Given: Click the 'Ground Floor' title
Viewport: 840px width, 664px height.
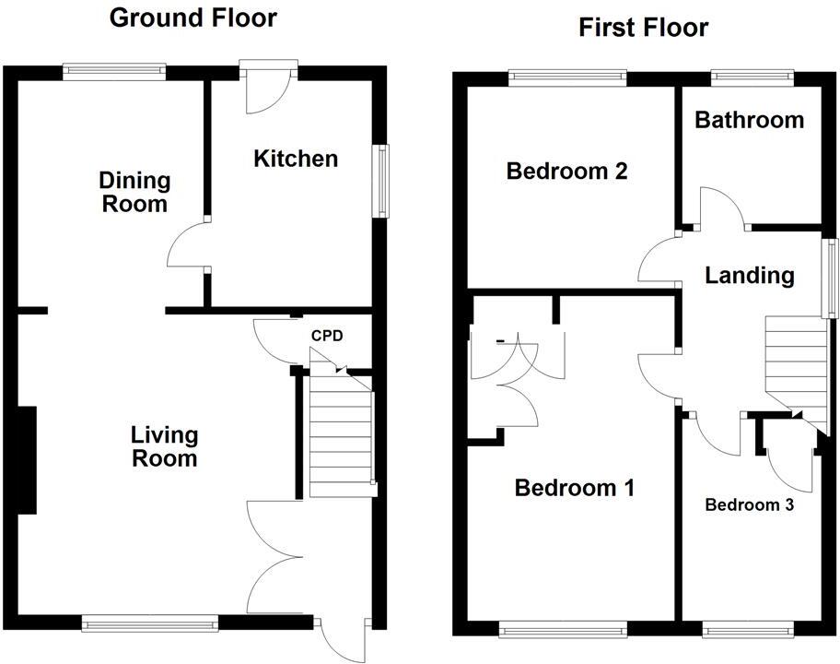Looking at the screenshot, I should (x=192, y=18).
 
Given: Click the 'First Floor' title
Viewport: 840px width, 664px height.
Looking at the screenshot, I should (x=643, y=27).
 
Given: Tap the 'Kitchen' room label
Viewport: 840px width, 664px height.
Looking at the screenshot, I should (x=296, y=159).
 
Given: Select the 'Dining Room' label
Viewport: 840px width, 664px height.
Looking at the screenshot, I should (x=134, y=192).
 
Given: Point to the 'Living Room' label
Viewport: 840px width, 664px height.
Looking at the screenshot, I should (x=164, y=445).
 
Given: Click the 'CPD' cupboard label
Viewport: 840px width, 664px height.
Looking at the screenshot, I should (x=326, y=336).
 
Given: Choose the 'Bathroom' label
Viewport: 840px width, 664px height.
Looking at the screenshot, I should (x=749, y=120).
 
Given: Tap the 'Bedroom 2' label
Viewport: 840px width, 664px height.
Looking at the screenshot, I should (x=566, y=171).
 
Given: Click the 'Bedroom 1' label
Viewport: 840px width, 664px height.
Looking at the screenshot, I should (x=574, y=488).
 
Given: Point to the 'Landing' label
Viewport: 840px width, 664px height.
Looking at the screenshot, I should (x=749, y=275).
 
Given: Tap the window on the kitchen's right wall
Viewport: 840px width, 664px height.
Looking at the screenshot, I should (x=379, y=181).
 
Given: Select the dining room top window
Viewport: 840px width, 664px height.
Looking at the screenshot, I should (x=114, y=68).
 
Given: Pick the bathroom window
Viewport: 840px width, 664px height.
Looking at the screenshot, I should (x=752, y=75).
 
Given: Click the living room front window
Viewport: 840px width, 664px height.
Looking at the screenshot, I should (x=149, y=624).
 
